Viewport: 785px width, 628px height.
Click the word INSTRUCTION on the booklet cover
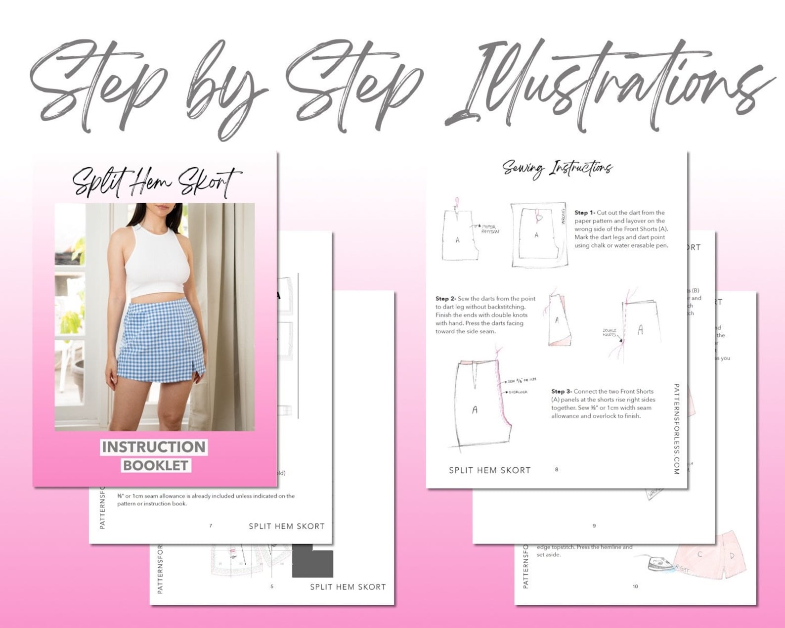(x=154, y=447)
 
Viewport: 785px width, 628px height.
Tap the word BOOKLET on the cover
(x=156, y=465)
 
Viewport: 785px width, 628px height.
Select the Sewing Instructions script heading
(x=557, y=168)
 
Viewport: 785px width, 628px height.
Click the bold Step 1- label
(x=584, y=213)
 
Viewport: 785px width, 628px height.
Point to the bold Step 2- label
(x=445, y=299)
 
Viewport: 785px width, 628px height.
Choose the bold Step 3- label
(x=561, y=391)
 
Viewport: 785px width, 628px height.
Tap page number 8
(x=557, y=469)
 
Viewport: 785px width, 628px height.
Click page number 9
(x=594, y=526)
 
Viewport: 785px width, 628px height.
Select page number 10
(x=635, y=586)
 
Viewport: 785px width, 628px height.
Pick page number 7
(x=211, y=526)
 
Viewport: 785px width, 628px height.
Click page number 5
(x=272, y=586)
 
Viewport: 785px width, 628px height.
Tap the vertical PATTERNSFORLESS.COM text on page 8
(x=677, y=429)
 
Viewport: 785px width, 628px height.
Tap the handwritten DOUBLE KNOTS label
(x=610, y=332)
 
